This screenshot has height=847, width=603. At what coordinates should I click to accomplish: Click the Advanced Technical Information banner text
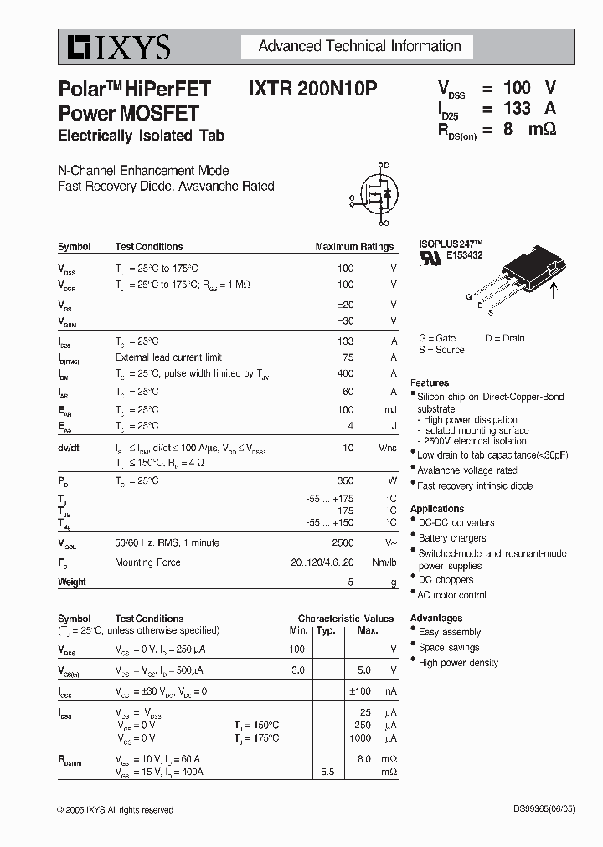[x=359, y=47]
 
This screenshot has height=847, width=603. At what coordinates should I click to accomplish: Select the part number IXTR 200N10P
[x=312, y=90]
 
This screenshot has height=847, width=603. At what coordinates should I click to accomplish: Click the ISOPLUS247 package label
[x=451, y=245]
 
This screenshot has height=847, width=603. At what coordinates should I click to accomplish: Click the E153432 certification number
[x=465, y=256]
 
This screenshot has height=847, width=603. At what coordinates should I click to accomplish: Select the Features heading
[x=430, y=382]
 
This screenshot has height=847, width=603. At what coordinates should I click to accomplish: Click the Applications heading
[x=437, y=508]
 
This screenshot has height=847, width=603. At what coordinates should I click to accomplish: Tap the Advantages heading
[x=436, y=618]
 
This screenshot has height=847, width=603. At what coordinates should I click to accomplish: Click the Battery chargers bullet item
[x=452, y=538]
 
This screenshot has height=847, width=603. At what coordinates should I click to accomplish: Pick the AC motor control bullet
[x=452, y=595]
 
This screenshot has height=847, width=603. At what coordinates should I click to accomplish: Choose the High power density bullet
[x=458, y=662]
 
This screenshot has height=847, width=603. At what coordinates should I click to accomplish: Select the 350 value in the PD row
[x=345, y=480]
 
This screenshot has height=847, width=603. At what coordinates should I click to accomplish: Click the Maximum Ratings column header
[x=354, y=247]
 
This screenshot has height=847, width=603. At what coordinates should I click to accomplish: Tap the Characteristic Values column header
[x=346, y=618]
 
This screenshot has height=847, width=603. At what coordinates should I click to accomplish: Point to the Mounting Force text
[x=147, y=562]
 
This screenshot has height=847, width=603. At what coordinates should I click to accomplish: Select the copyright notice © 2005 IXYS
[x=115, y=810]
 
